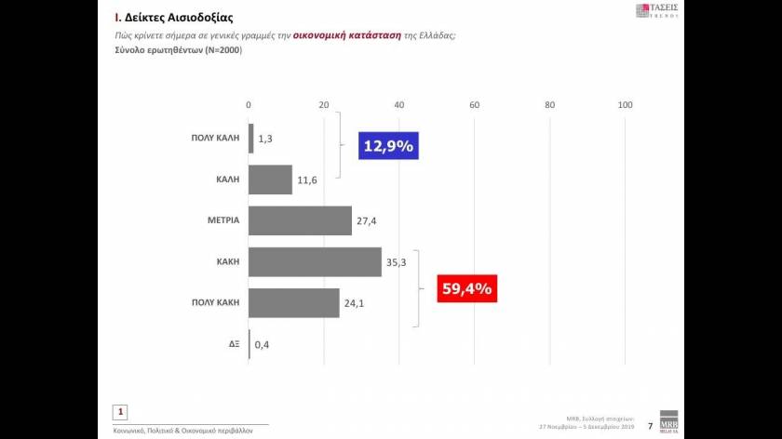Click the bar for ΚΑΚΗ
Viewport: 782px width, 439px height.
pyautogui.click(x=315, y=262)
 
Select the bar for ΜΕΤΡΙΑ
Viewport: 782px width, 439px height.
pyautogui.click(x=300, y=220)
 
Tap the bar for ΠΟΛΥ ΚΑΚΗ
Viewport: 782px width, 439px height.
pyautogui.click(x=293, y=303)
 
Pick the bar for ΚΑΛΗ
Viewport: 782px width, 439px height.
pyautogui.click(x=270, y=180)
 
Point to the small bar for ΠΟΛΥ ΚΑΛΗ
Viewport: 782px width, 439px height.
pyautogui.click(x=250, y=138)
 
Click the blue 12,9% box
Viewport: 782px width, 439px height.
pyautogui.click(x=388, y=146)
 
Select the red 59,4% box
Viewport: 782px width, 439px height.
pyautogui.click(x=466, y=289)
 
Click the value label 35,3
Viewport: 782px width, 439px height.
pyautogui.click(x=396, y=263)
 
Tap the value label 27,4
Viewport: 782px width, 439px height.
pyautogui.click(x=366, y=221)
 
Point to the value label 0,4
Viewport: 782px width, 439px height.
pyautogui.click(x=262, y=345)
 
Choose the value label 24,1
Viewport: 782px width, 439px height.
pyautogui.click(x=354, y=304)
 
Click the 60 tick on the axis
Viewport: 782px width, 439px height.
pyautogui.click(x=475, y=104)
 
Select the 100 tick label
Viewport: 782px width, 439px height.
pyautogui.click(x=626, y=104)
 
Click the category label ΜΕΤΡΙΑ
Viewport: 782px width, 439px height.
pyautogui.click(x=223, y=220)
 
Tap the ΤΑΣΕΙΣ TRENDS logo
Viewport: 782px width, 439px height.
pyautogui.click(x=656, y=10)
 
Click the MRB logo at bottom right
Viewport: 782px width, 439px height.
pyautogui.click(x=669, y=419)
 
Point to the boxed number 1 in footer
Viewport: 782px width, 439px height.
pyautogui.click(x=120, y=411)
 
